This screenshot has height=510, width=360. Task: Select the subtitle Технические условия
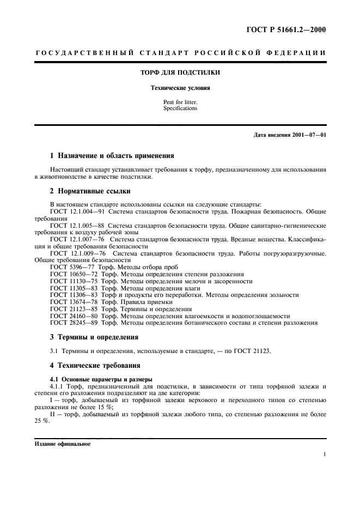point(180,88)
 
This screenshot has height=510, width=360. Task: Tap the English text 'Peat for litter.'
point(180,102)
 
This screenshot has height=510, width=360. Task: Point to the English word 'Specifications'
point(180,108)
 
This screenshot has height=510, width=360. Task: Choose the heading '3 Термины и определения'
point(94,337)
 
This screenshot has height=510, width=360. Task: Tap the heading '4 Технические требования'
point(95,365)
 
